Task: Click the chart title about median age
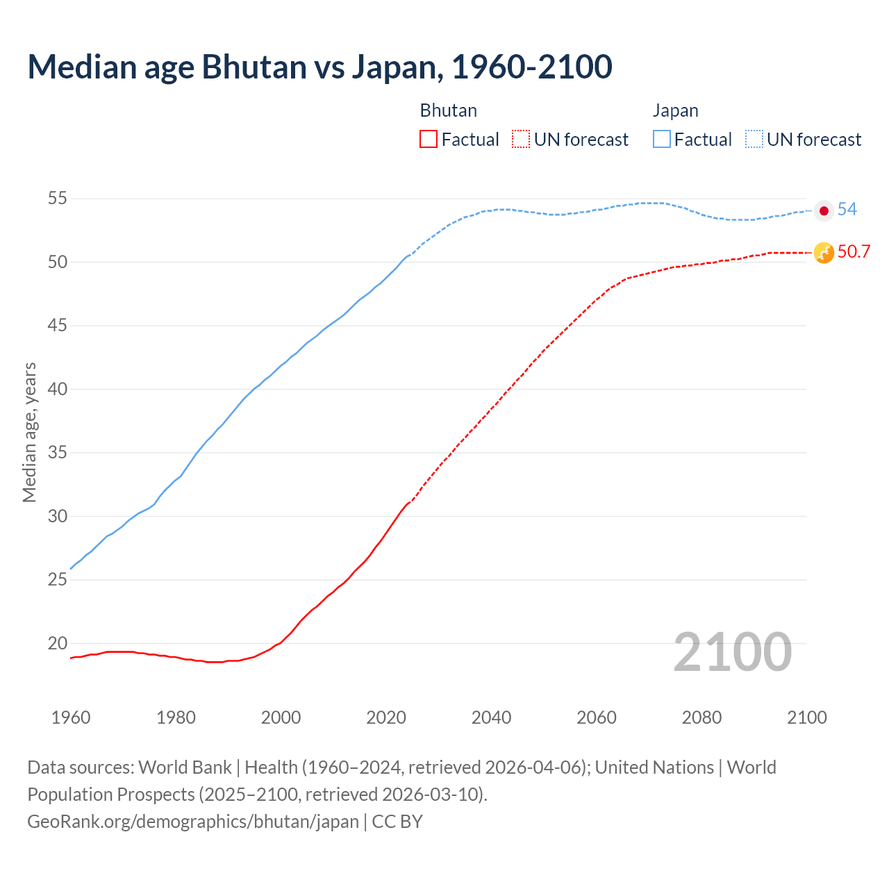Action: [x=319, y=67]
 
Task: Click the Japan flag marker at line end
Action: [x=824, y=210]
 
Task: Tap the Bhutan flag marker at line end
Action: [x=824, y=253]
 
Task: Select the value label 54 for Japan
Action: [x=847, y=209]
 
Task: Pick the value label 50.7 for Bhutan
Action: [x=854, y=251]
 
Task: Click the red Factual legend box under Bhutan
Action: [x=429, y=140]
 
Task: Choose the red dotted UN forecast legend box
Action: [x=521, y=140]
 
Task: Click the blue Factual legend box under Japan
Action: [x=662, y=140]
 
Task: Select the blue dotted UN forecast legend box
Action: [x=754, y=140]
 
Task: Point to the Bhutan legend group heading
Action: [x=448, y=110]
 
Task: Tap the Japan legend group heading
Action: [x=675, y=110]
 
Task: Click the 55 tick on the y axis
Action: [x=57, y=199]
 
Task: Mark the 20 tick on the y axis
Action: [x=57, y=643]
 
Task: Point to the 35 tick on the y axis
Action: [x=57, y=453]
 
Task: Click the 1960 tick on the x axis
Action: [x=71, y=717]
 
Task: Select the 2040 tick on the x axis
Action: [x=491, y=717]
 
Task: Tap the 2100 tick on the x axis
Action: [x=806, y=717]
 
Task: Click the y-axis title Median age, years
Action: [x=29, y=432]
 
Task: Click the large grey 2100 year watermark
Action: [x=732, y=652]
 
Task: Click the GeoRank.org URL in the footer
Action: [x=193, y=822]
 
